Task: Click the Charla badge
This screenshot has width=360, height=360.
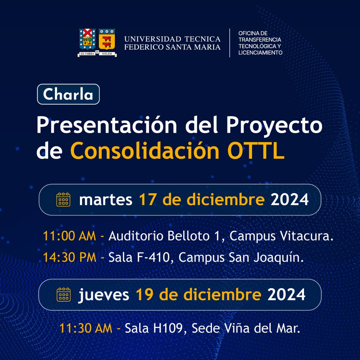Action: coord(68,94)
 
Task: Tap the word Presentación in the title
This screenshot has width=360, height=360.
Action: coord(107,125)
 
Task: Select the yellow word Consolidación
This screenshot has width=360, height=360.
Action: coord(145,150)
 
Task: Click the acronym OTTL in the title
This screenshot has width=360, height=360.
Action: coord(256,151)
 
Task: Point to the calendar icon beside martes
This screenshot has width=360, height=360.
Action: coord(63,200)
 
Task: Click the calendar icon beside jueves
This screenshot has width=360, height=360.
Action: coord(64,295)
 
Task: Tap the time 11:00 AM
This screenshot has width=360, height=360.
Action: coord(69,236)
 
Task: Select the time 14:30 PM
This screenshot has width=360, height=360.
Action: coord(70,257)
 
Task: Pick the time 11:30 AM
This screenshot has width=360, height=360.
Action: coord(86,328)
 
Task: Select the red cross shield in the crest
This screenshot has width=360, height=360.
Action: coord(87,39)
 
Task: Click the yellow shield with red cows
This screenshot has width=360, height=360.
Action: coord(107,39)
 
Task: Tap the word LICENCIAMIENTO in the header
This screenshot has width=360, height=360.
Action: coord(260,53)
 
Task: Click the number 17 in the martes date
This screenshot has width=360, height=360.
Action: coord(147,199)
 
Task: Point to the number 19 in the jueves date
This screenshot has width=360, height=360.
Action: coord(144,294)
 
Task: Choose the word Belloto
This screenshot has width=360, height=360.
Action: coord(188,236)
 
